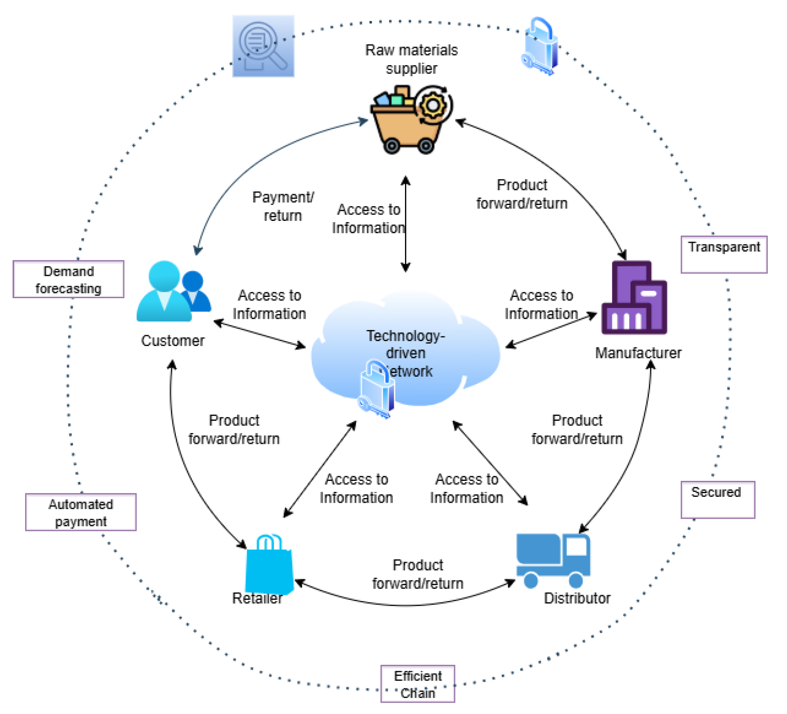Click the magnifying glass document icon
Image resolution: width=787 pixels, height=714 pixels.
tap(263, 46)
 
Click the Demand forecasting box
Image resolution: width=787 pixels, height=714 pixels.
tap(68, 280)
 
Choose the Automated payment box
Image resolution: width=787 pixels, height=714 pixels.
tap(81, 512)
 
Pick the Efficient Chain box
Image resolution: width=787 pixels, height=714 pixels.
tap(418, 684)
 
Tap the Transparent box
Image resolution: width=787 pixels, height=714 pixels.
tap(724, 255)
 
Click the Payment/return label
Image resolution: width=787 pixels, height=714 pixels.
tap(283, 206)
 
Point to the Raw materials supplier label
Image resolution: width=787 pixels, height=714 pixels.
tap(411, 59)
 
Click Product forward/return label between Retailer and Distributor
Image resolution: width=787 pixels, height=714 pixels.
tap(418, 574)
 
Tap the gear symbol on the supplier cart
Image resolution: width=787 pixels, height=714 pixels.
tap(433, 105)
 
